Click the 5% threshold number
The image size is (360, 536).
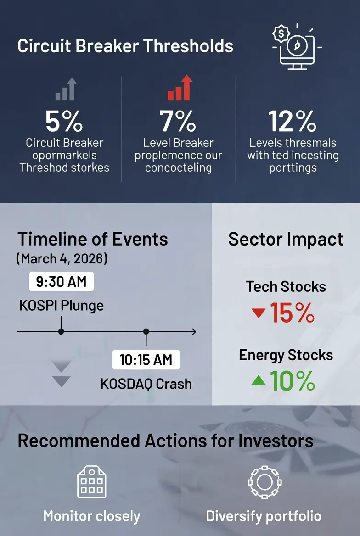[64, 121]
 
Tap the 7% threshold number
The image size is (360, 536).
[178, 121]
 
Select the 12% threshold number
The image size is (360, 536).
[292, 121]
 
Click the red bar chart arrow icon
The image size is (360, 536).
[180, 88]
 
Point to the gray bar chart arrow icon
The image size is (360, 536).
[66, 89]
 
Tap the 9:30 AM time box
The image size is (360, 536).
[61, 282]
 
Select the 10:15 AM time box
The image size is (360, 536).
[146, 360]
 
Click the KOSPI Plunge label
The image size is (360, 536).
[61, 305]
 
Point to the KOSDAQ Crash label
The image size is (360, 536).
[146, 384]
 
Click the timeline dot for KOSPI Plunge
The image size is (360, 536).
[61, 332]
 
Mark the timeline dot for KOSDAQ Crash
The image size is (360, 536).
[146, 332]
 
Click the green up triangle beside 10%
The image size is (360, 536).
[259, 380]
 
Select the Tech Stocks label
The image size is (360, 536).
[286, 286]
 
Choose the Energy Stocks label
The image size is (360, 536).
[286, 355]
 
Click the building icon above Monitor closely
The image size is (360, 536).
[92, 482]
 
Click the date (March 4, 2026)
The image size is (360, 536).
[62, 259]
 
